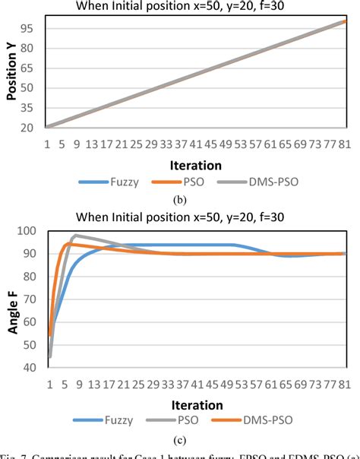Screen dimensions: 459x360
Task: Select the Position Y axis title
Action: tap(11, 74)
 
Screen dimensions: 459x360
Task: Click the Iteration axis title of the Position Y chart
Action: tap(196, 165)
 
